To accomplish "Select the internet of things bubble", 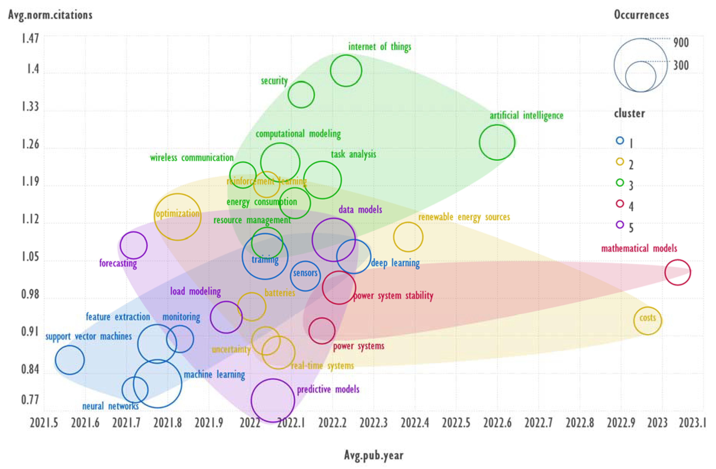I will [x=346, y=71].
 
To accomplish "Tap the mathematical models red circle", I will [x=677, y=272].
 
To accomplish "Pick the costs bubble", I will [x=647, y=321].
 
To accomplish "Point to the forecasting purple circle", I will [x=133, y=245].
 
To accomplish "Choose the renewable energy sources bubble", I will [x=408, y=237].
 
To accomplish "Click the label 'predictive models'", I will [x=328, y=389].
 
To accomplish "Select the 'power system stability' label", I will [x=393, y=296].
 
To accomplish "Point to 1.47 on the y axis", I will [x=30, y=38].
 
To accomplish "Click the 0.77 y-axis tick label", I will [x=30, y=400].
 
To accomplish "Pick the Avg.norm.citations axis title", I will [x=50, y=15].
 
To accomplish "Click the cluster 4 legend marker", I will [x=620, y=204].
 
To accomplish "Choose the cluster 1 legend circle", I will [x=620, y=140].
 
